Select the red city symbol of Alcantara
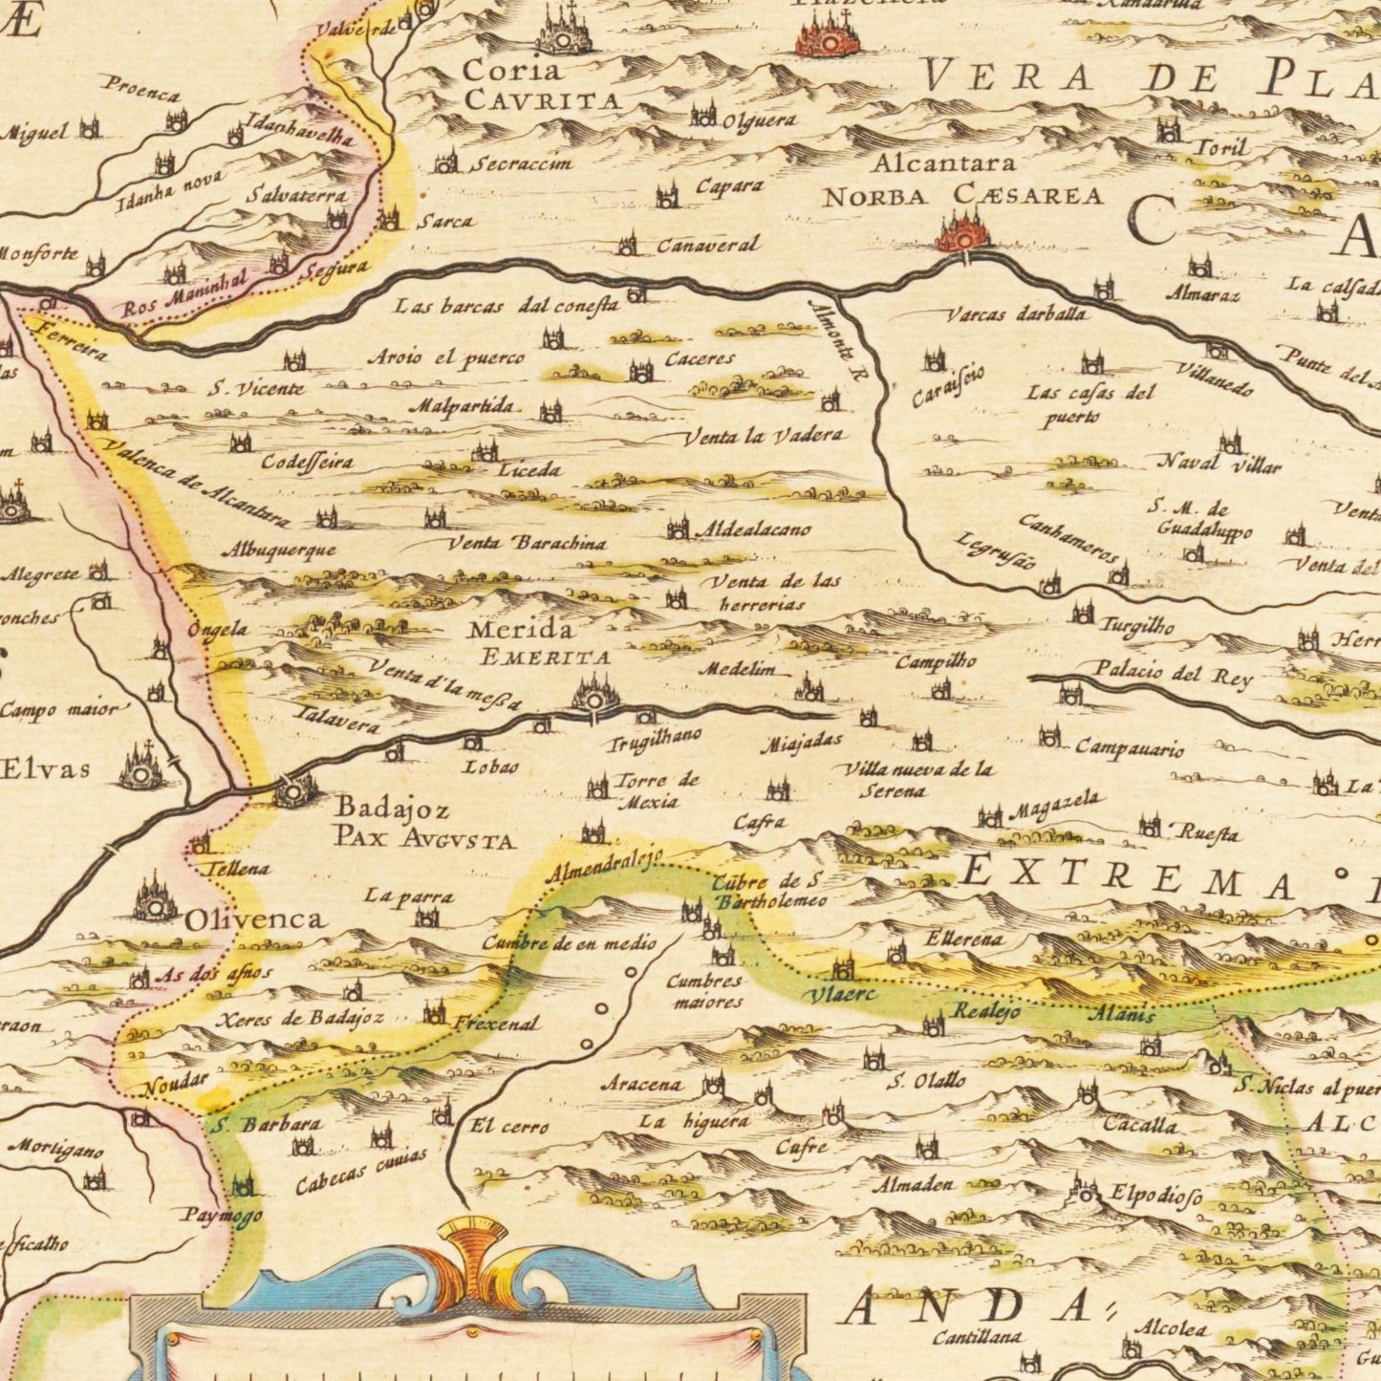964,232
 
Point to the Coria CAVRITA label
539,84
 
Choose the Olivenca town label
254,919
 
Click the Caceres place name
700,359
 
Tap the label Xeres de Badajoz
299,1019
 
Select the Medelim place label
737,670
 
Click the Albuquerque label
279,550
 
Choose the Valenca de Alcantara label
196,484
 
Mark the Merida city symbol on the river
595,694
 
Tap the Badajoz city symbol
295,790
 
